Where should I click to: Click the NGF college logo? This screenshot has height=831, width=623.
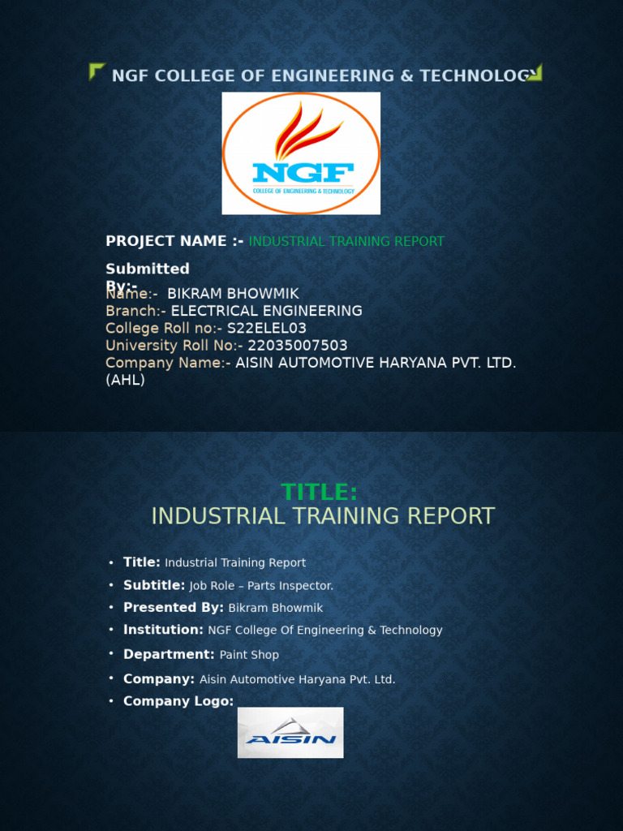point(301,153)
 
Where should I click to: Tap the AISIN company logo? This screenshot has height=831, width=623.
point(290,733)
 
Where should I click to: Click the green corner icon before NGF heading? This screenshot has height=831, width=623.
point(97,71)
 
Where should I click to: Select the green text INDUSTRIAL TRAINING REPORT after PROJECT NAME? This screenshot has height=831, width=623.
point(346,242)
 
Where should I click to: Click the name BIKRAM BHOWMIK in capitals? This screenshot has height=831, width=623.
point(233,294)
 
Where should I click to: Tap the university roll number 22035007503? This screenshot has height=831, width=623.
point(298,346)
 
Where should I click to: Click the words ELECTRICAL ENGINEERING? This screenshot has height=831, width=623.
point(267,311)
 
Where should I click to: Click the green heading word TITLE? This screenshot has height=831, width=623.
point(320,492)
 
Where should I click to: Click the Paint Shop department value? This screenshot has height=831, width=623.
point(249,655)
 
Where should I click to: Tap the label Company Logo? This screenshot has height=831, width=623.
point(178,701)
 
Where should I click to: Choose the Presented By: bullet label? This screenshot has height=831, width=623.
point(174,608)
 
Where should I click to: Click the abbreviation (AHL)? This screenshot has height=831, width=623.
point(125,380)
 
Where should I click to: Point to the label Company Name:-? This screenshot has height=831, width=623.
point(168,363)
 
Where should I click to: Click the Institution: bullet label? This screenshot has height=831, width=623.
point(163,630)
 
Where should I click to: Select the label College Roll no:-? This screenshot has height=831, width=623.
point(164,329)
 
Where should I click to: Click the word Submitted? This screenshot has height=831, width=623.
point(148,269)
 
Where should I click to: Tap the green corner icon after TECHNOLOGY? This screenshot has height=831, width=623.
point(534,73)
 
